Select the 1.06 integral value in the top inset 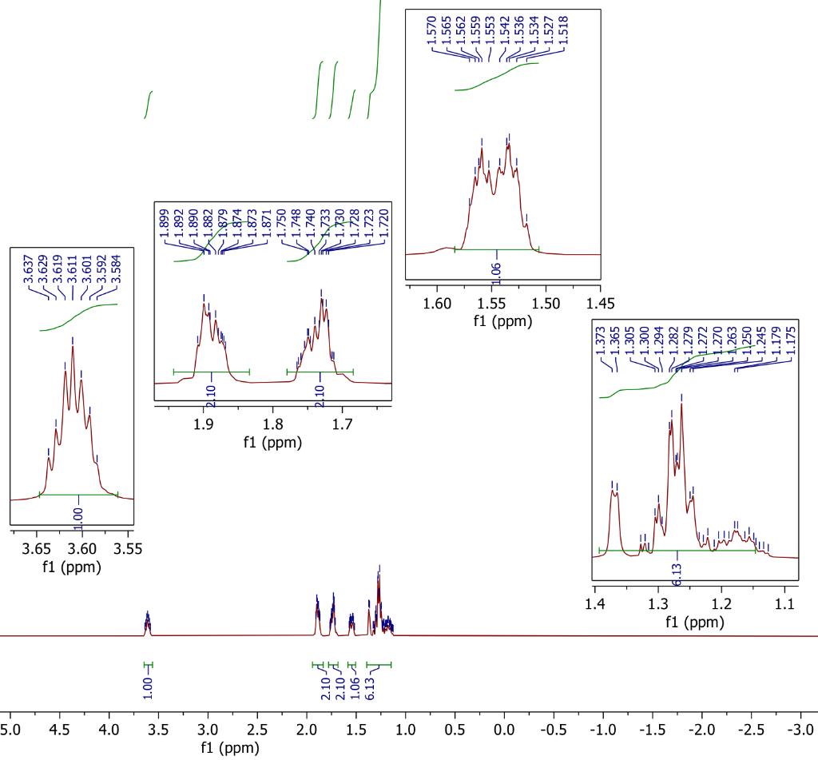click(497, 271)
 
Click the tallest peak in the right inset click(681, 404)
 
